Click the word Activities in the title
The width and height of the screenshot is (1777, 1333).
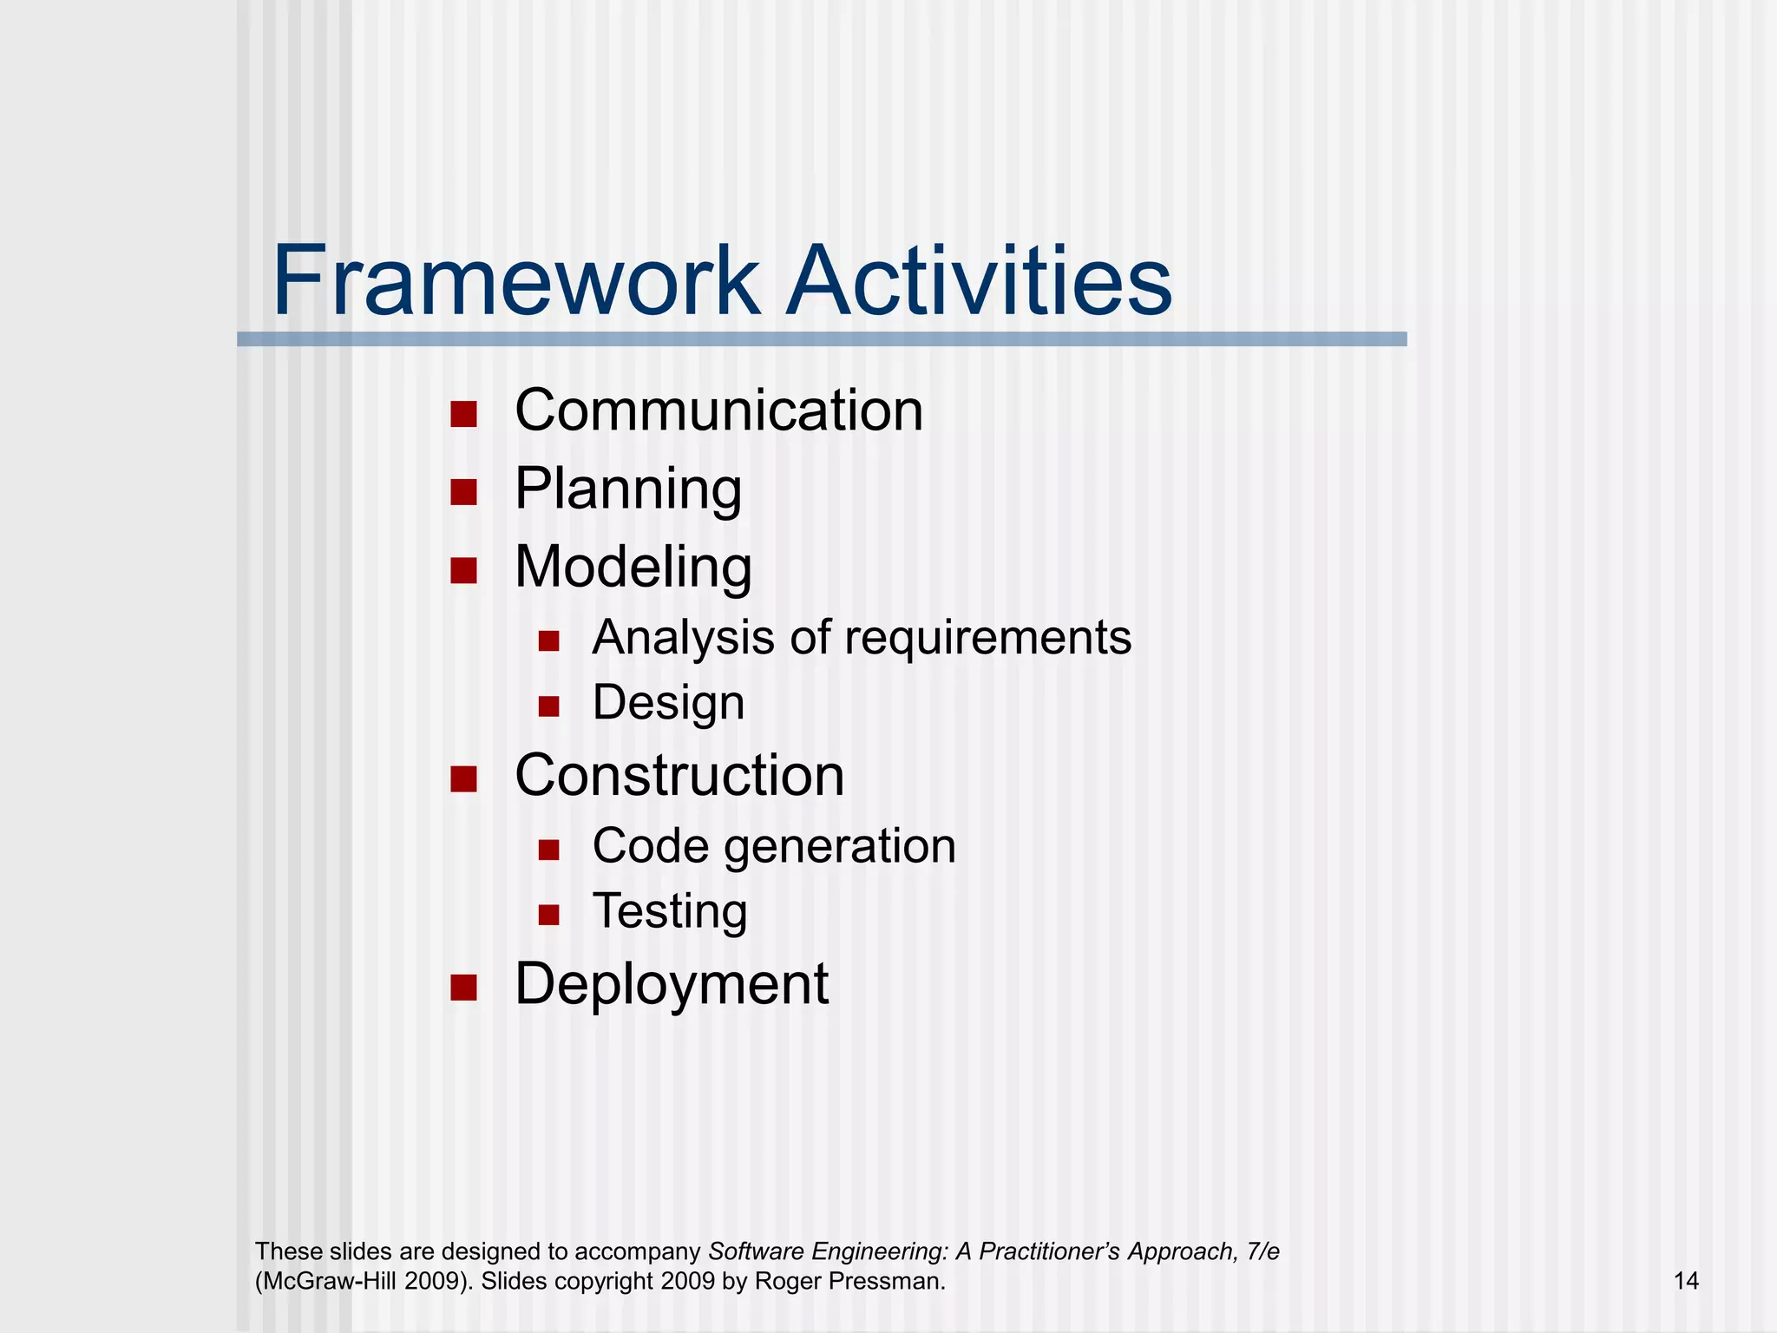coord(978,282)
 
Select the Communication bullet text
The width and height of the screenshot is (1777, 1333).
coord(718,410)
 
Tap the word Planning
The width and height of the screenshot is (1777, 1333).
coord(628,489)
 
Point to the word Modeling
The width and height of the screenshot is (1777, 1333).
coord(633,568)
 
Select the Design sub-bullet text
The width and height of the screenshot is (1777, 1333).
coord(668,703)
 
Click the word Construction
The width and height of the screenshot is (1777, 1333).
coord(679,775)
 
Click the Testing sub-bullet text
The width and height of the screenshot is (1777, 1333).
coord(670,912)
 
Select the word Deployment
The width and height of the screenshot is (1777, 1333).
coord(672,985)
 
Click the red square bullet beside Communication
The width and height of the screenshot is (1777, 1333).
coord(464,415)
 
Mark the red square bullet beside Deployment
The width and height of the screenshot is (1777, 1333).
coord(464,988)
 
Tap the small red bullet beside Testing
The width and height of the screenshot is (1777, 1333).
coord(548,915)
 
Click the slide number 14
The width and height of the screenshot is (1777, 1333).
coord(1685,1281)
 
